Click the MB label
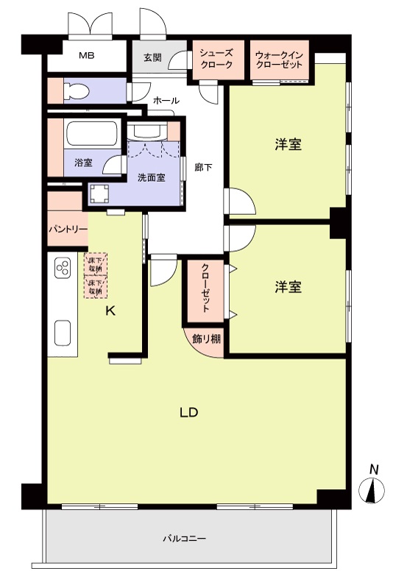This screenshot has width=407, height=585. click(x=87, y=56)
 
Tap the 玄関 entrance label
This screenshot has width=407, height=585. click(x=152, y=58)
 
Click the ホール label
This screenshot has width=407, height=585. click(x=166, y=100)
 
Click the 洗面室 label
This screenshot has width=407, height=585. click(x=150, y=177)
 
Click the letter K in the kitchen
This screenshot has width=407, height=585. click(x=110, y=311)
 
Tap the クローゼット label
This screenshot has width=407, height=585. click(x=205, y=291)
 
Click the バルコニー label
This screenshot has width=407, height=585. click(x=184, y=538)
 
